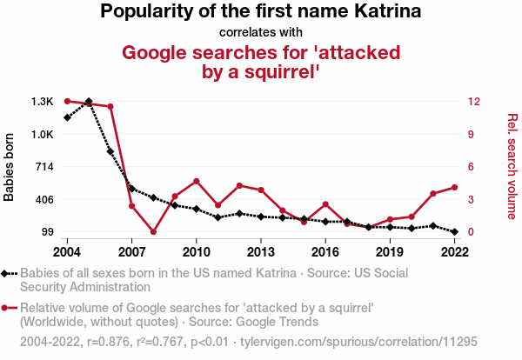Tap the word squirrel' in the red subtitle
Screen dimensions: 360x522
(279, 71)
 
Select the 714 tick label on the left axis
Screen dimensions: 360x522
(43, 167)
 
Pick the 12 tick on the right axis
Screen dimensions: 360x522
(472, 102)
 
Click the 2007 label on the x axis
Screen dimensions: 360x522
(131, 251)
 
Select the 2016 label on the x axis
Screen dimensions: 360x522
(325, 251)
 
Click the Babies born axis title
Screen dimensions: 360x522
(10, 167)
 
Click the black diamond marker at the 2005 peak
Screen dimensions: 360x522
(89, 102)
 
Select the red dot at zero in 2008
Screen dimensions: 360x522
(153, 232)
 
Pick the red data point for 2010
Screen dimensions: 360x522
(197, 181)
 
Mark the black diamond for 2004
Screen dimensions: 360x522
(67, 117)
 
